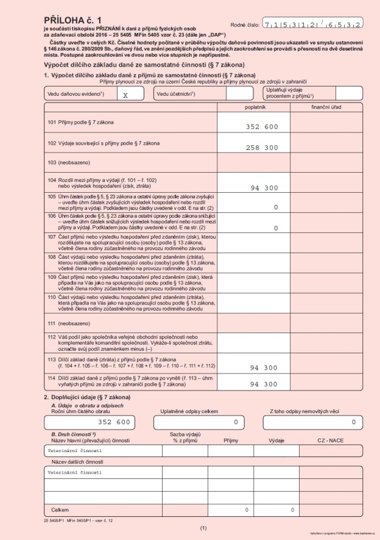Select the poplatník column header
coord(253,107)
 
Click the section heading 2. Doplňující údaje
coord(83,397)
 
